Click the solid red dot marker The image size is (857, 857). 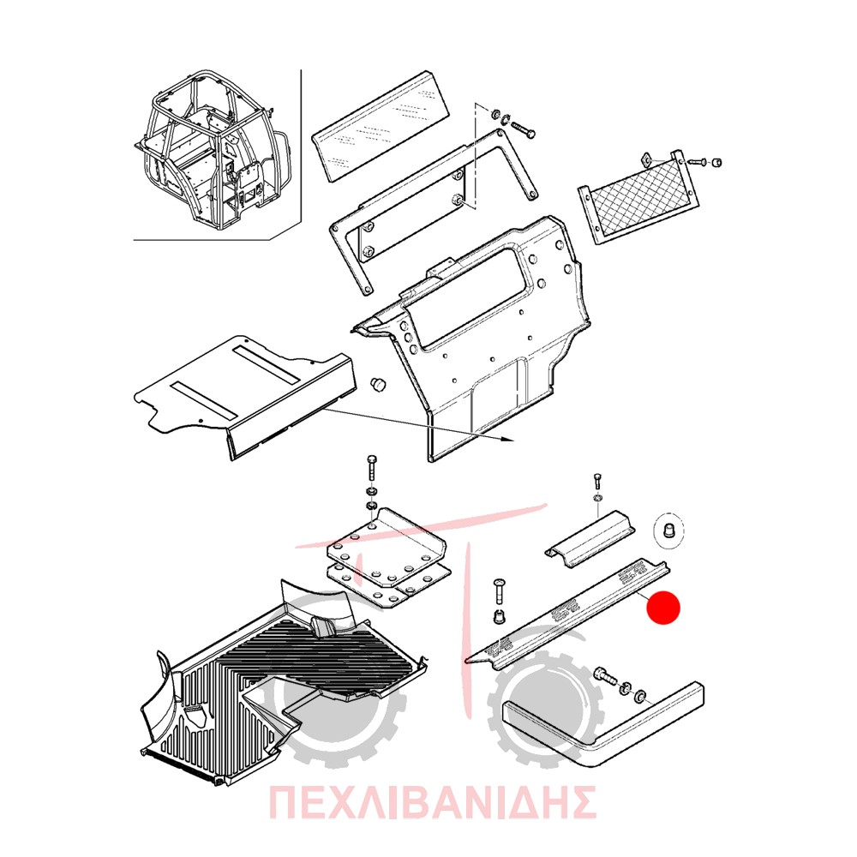click(663, 608)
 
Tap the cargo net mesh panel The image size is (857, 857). click(638, 199)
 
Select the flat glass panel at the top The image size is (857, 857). click(381, 126)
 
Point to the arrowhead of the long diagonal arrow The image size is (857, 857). click(509, 440)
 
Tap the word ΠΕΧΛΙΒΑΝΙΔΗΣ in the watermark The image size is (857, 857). click(432, 802)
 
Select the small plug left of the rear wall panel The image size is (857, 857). click(378, 384)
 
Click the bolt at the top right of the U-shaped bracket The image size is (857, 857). click(523, 130)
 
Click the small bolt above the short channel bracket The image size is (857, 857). click(596, 483)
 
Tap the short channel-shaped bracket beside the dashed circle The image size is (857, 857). click(590, 538)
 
